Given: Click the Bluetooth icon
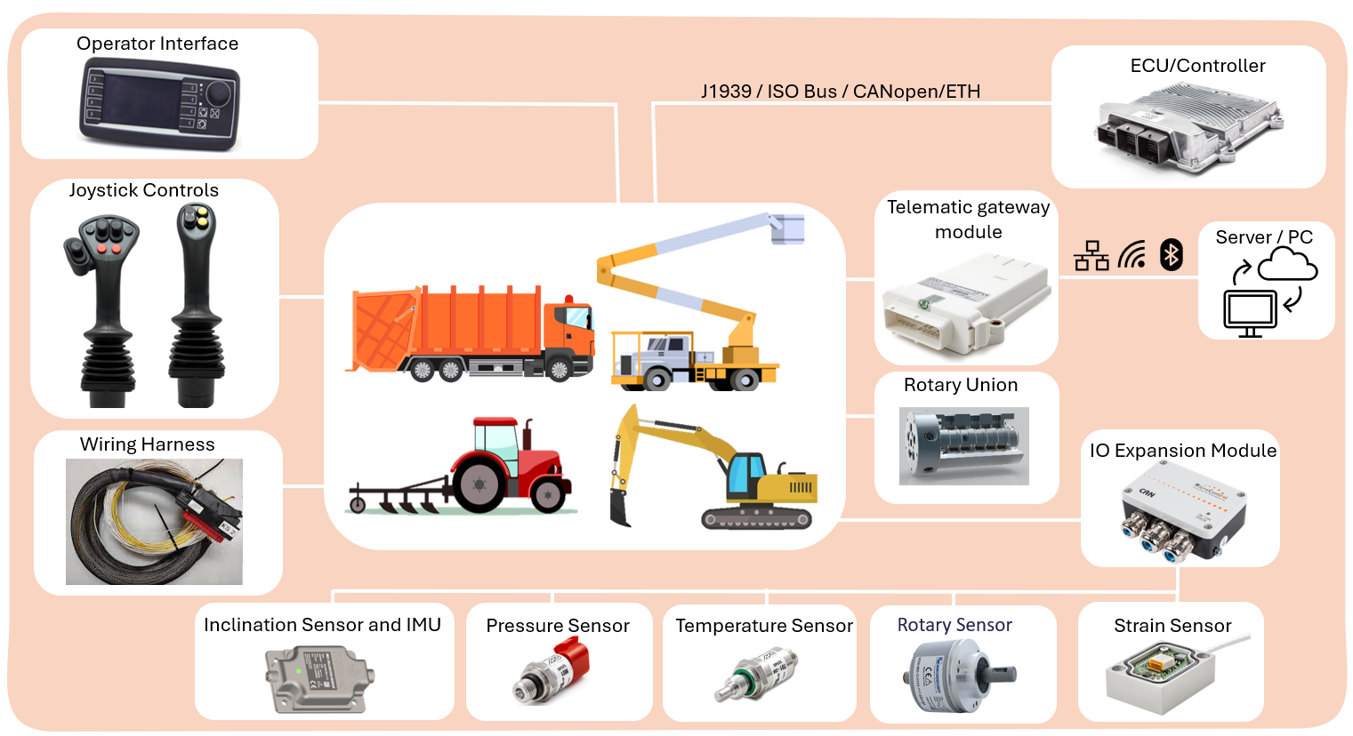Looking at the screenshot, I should (1172, 255).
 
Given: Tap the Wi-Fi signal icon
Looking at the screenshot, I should (1132, 255).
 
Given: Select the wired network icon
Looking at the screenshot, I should (1091, 256).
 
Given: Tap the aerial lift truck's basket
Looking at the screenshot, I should (787, 227).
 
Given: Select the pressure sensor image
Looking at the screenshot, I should (552, 671).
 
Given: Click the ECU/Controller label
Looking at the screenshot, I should (1197, 66).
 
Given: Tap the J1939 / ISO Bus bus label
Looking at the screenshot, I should (840, 92).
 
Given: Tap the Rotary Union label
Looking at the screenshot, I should (960, 385).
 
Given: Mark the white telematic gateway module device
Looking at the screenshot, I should (965, 302).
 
